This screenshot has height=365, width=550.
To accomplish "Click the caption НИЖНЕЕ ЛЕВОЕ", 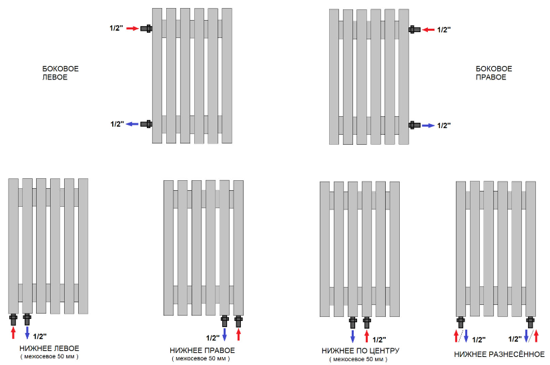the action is click(x=49, y=348).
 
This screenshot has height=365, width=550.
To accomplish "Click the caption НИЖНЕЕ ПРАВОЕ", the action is click(x=202, y=350).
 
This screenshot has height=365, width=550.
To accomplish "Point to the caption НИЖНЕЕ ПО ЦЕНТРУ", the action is click(x=360, y=351).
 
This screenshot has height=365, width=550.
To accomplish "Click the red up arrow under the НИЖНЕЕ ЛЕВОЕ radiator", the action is click(x=13, y=332).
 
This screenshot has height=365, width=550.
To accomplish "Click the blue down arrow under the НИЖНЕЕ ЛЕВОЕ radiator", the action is click(x=27, y=332).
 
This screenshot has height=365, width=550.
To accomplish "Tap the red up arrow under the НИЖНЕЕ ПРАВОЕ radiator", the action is click(x=238, y=333).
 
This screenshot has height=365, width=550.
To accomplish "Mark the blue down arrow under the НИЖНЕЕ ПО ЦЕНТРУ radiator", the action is click(x=352, y=334).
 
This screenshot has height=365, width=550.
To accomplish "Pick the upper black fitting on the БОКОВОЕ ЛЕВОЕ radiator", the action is click(x=148, y=29).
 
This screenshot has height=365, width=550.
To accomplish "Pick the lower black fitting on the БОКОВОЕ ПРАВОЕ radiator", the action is click(x=414, y=125).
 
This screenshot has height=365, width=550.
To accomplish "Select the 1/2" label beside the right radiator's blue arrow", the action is click(x=444, y=125).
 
